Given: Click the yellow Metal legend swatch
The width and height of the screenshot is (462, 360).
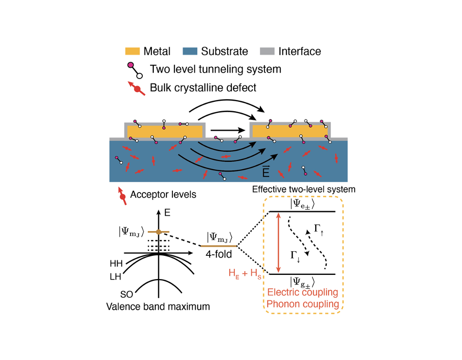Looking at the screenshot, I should (132, 51).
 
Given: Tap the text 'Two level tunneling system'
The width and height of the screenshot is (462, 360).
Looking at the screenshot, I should (216, 70).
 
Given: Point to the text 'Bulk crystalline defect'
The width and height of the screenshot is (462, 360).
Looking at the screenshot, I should (203, 87).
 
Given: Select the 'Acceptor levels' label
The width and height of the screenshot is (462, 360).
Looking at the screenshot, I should (163, 194).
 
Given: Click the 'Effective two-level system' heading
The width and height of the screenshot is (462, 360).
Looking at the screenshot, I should (304, 189).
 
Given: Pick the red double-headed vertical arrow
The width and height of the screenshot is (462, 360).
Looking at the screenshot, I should (278, 243).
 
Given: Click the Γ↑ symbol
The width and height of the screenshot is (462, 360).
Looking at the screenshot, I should (318, 228).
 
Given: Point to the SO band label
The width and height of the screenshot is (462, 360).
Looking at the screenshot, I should (126, 294).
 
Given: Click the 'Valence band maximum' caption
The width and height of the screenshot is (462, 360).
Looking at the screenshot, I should (158, 307).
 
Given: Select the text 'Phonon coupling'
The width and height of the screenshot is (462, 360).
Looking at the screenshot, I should (303, 304).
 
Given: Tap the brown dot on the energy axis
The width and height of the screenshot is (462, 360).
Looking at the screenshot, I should (158, 232).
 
